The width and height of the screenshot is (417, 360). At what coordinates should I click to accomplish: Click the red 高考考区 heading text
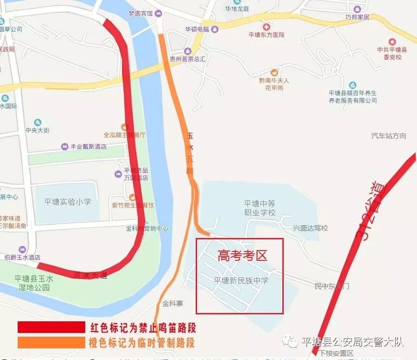pyautogui.click(x=243, y=255)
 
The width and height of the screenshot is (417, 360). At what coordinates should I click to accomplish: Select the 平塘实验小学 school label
pyautogui.click(x=68, y=202)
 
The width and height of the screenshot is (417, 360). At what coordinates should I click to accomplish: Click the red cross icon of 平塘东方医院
pyautogui.click(x=266, y=27)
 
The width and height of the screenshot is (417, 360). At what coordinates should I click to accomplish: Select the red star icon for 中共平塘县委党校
pyautogui.click(x=392, y=41)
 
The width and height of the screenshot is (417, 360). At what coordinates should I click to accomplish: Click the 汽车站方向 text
pyautogui.click(x=389, y=136)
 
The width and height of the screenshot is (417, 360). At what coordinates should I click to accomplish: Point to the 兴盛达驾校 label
pyautogui.click(x=310, y=228)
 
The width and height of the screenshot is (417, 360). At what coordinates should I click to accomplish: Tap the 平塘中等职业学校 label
pyautogui.click(x=260, y=208)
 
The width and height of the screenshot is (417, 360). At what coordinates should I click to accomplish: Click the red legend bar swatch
pyautogui.click(x=51, y=327)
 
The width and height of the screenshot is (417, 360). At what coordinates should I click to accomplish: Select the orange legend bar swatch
pyautogui.click(x=51, y=342)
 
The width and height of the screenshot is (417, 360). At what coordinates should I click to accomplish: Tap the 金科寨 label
pyautogui.click(x=172, y=304)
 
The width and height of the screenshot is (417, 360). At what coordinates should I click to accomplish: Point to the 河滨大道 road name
pyautogui.click(x=90, y=275)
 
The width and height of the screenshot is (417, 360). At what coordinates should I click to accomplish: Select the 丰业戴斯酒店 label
pyautogui.click(x=88, y=147)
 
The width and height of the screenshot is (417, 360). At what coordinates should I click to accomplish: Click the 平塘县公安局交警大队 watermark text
pyautogui.click(x=352, y=342)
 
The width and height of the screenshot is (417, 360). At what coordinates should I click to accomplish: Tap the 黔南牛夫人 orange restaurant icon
pyautogui.click(x=274, y=72)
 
